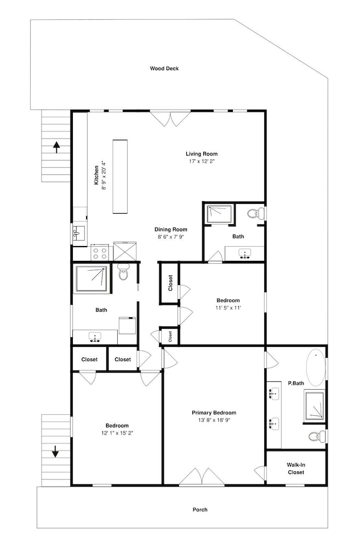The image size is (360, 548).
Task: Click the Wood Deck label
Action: [164, 68]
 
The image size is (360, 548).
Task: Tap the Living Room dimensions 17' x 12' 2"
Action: [201, 162]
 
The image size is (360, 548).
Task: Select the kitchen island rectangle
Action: [120, 176]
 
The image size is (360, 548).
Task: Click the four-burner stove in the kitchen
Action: [99, 252]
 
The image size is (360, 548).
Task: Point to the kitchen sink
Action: [79, 233]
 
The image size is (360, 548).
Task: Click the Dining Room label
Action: [170, 230]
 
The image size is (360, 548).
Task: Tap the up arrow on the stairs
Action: [56, 147]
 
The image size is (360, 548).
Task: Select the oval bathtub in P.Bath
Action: [316, 367]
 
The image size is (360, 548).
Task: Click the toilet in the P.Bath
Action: [317, 436]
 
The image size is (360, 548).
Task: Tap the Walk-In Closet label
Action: [296, 469]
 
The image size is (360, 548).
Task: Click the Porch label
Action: [200, 510]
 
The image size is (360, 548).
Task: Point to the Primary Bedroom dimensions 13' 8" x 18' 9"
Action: [214, 420]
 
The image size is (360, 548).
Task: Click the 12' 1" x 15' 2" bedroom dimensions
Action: [117, 433]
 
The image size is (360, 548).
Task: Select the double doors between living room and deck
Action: [170, 118]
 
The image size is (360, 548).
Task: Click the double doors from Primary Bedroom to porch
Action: [202, 477]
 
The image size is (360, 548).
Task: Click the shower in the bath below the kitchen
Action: [91, 278]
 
